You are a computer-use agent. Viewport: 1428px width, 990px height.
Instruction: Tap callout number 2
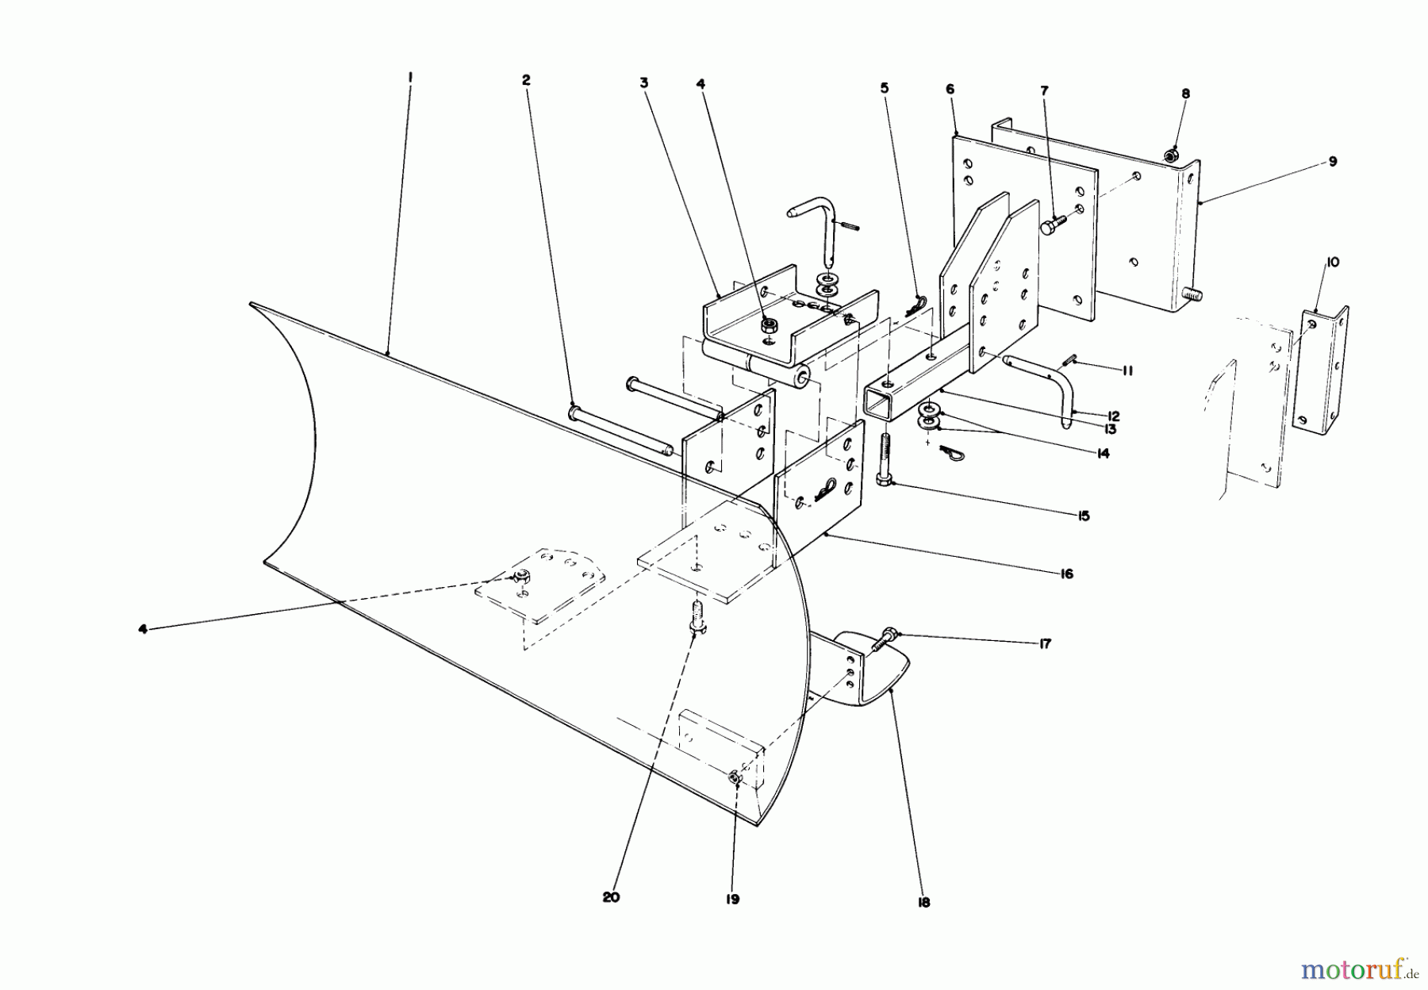(x=525, y=80)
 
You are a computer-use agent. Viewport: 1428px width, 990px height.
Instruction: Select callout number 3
(x=644, y=82)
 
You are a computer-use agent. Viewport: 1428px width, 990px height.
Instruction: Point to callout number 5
(x=884, y=87)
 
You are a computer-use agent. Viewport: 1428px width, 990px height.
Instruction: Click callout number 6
(x=950, y=90)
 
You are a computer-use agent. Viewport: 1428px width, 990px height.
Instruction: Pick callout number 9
(x=1332, y=162)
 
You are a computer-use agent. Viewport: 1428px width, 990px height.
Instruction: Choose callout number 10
(x=1332, y=262)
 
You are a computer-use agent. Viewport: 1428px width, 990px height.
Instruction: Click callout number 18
(x=923, y=902)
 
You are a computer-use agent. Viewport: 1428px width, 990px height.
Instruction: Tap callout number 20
(x=610, y=897)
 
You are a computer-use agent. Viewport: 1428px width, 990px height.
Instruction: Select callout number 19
(x=731, y=899)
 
